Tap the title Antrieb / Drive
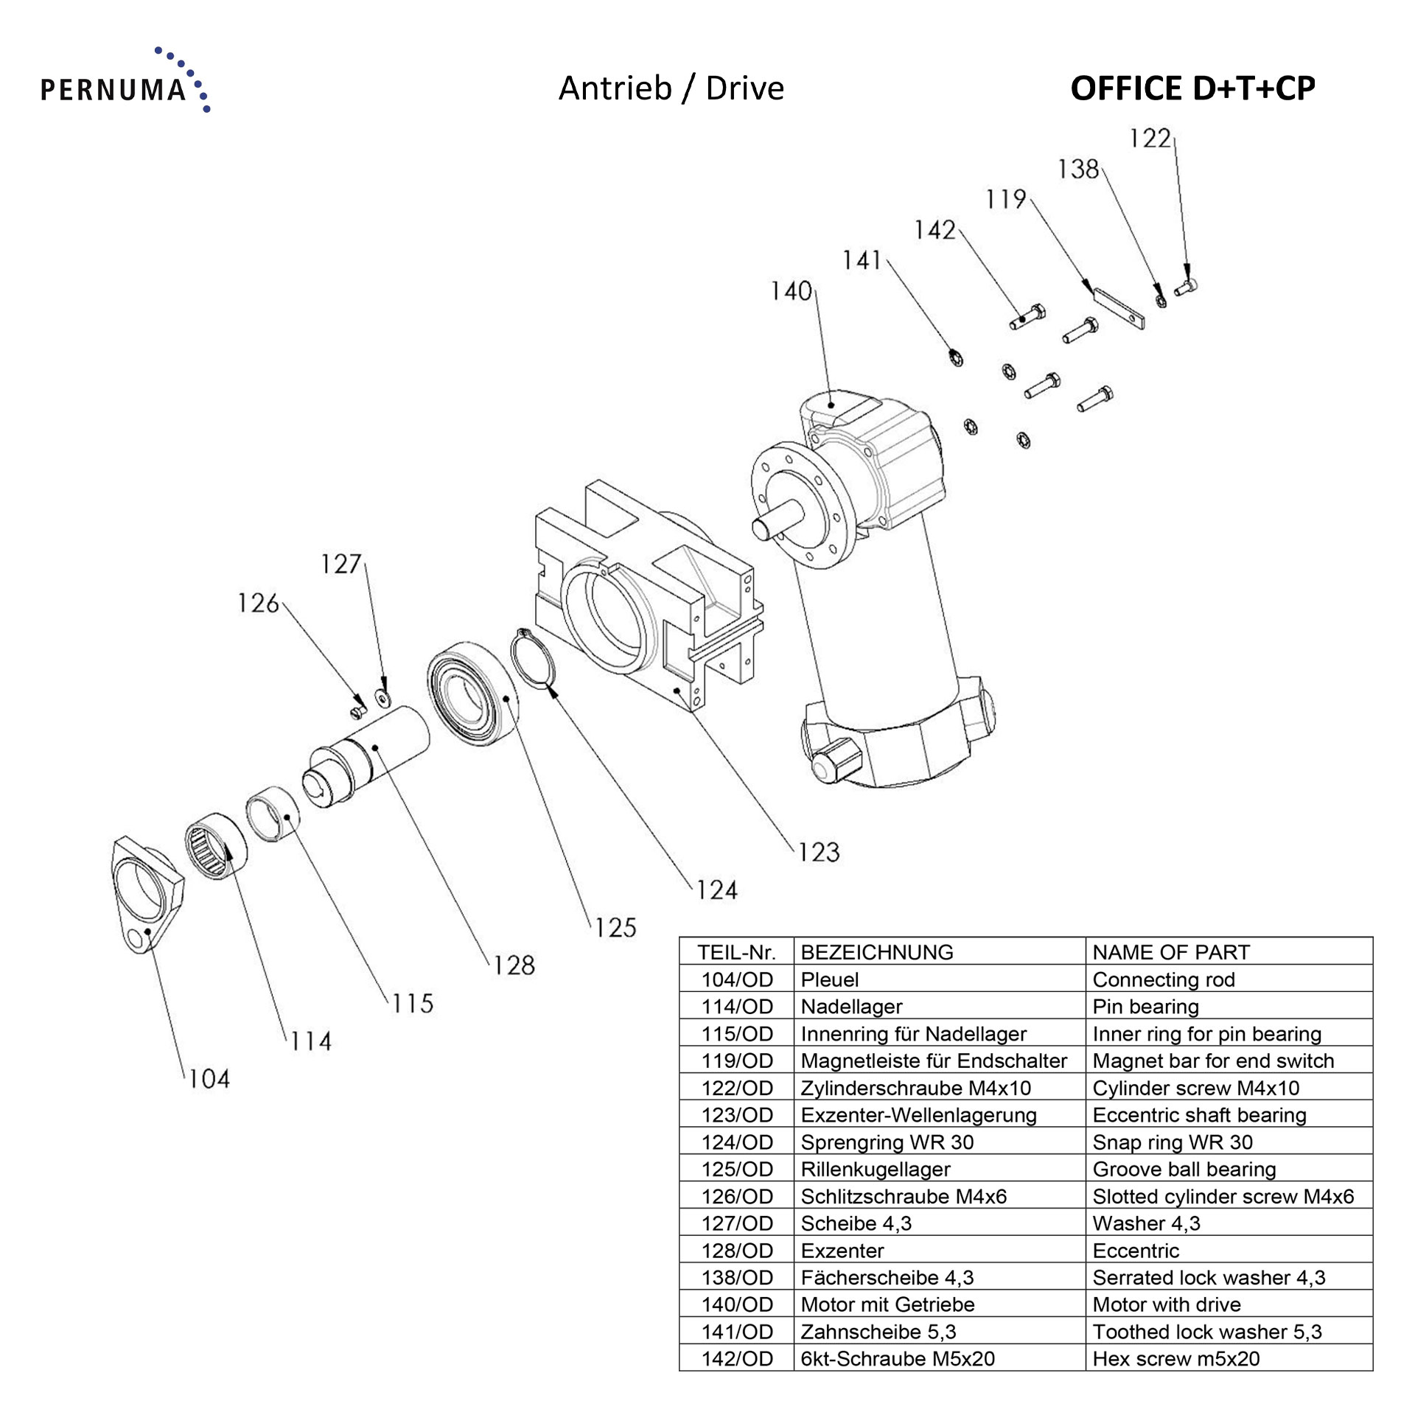[x=671, y=88]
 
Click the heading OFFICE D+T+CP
[x=1192, y=88]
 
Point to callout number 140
[x=791, y=292]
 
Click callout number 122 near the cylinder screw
[x=1150, y=139]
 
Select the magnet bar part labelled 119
[x=1118, y=307]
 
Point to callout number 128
[x=514, y=965]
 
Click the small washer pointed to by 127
[x=382, y=695]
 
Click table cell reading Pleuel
[x=830, y=979]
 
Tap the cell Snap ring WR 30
[x=1172, y=1142]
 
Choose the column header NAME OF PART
[x=1170, y=952]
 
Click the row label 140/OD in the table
[x=736, y=1304]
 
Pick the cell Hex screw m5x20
[x=1175, y=1358]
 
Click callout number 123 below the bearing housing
[x=819, y=853]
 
